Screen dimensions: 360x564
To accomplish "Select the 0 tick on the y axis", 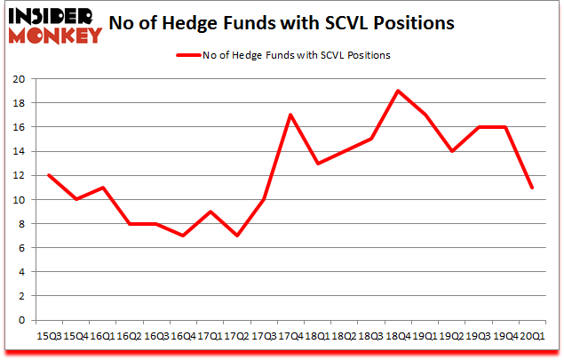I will click(20, 320).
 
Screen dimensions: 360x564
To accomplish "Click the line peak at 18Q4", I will click(397, 91).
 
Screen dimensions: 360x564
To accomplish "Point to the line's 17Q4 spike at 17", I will click(290, 115).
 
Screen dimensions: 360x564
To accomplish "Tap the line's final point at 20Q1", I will click(532, 188).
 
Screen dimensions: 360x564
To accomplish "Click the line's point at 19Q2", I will click(451, 151).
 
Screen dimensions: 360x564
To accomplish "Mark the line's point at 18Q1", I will click(316, 164).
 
